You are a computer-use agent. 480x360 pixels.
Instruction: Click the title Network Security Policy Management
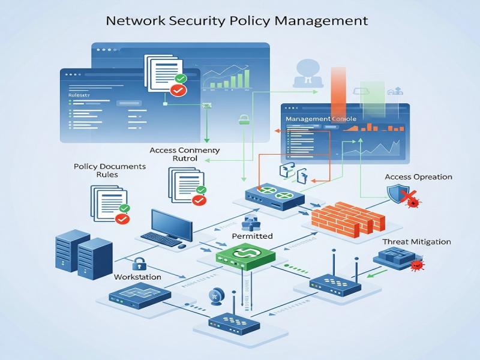(236, 20)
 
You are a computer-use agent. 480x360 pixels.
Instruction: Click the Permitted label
(252, 236)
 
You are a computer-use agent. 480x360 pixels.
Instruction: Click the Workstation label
(137, 277)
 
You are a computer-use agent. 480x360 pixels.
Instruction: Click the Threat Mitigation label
(416, 242)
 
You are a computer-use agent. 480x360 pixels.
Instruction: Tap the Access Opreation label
(418, 177)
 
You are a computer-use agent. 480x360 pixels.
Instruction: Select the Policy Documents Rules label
(110, 170)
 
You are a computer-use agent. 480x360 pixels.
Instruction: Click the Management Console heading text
(320, 119)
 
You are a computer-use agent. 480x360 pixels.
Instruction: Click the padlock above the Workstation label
(139, 263)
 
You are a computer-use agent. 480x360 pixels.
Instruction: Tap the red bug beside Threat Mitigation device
(416, 265)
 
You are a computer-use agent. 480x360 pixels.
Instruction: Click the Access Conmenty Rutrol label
(185, 154)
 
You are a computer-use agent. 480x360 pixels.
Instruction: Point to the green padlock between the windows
(244, 119)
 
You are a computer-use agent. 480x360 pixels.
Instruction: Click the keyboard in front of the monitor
(161, 239)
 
